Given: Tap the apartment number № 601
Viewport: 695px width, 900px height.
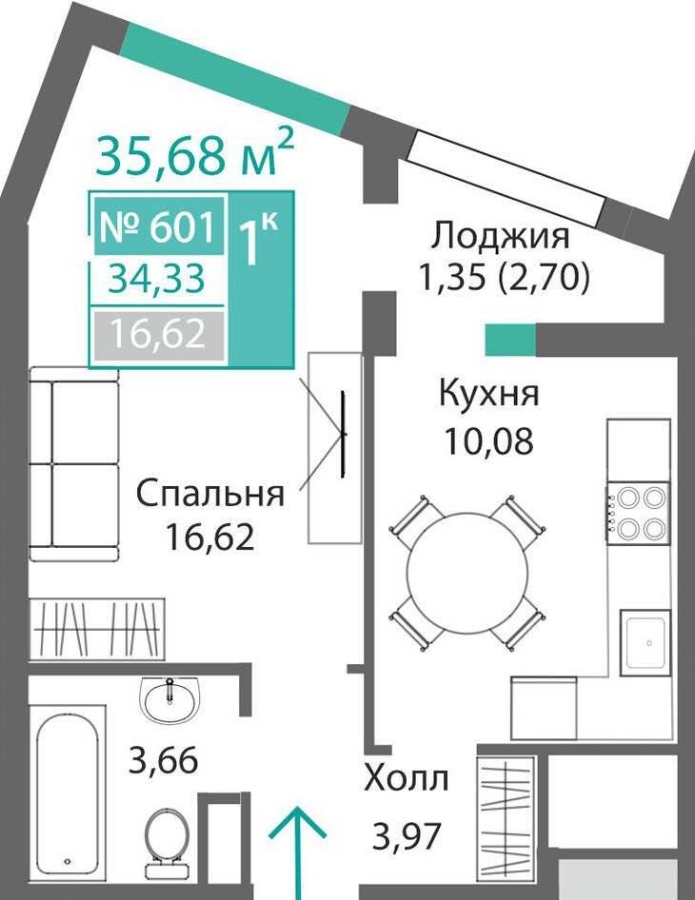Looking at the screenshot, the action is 159,226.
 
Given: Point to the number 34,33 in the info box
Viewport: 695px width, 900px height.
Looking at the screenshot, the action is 157,280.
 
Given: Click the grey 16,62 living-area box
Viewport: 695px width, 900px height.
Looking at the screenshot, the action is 159,334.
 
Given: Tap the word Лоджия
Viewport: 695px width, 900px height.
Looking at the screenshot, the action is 501,236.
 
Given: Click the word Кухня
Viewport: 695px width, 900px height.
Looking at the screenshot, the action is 489,394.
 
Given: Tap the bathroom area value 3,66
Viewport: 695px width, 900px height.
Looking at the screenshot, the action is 164,760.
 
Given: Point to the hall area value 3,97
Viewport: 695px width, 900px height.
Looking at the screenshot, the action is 407,836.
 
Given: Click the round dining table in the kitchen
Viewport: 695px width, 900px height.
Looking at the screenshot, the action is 467,573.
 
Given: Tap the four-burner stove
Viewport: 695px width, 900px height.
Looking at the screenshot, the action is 639,513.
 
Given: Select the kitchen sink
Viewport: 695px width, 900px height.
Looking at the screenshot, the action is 645,643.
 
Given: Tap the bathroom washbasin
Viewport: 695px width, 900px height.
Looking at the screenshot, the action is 169,698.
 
